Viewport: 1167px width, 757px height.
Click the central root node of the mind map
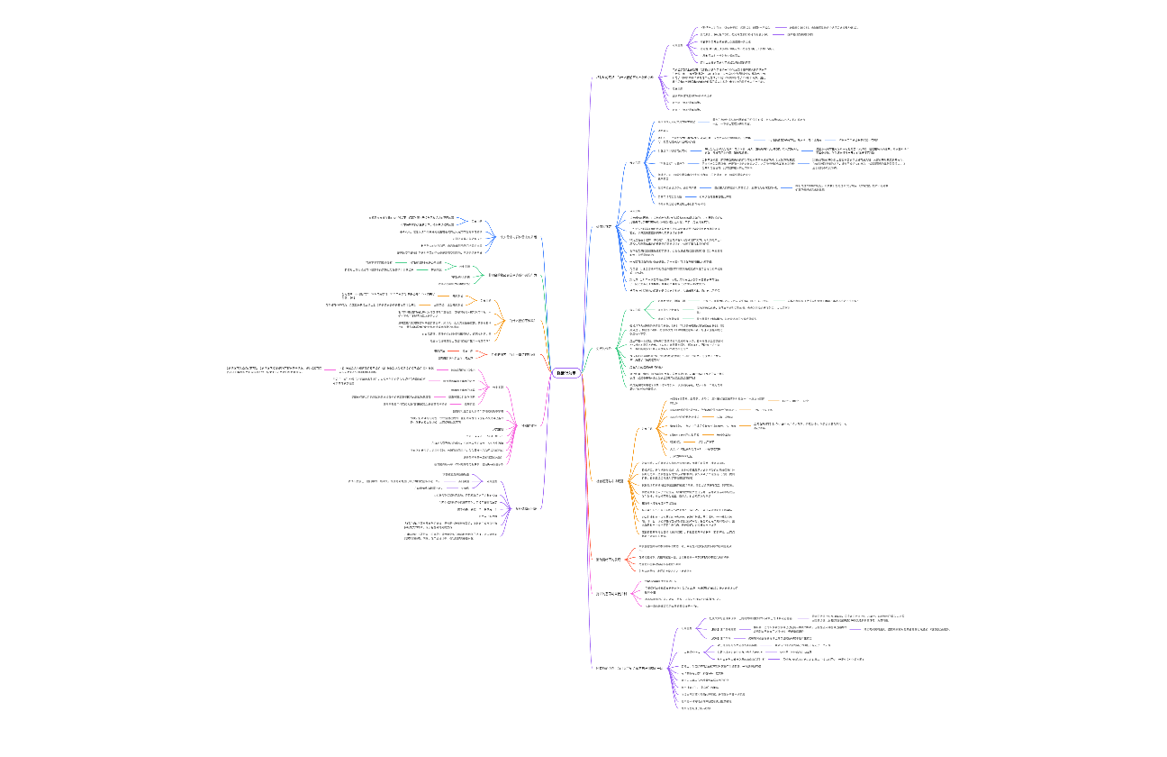(565, 373)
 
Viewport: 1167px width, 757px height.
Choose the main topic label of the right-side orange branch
(610, 481)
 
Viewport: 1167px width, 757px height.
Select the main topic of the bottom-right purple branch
(629, 668)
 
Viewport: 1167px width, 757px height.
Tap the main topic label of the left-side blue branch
(518, 237)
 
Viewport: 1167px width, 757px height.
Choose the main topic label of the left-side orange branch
(528, 320)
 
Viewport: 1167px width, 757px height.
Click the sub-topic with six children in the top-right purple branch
(678, 45)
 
